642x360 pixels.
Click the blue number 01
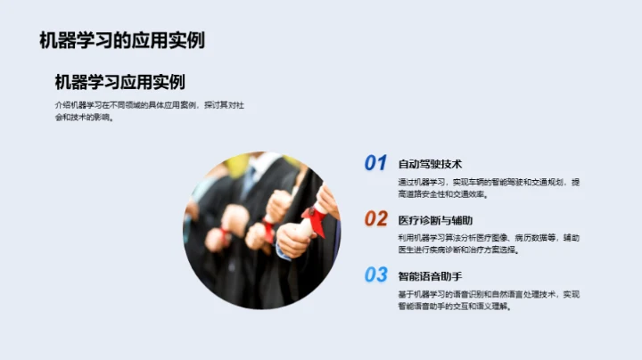(x=375, y=163)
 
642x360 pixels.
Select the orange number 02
(x=375, y=219)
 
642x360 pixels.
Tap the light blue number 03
(x=375, y=274)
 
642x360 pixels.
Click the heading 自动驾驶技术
(x=430, y=164)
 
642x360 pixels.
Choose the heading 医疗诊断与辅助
(x=435, y=220)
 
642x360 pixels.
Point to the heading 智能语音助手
(x=430, y=276)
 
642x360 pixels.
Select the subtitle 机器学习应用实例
(x=119, y=82)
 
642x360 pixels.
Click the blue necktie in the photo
(x=248, y=179)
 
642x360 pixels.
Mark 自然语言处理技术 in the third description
(x=511, y=294)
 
